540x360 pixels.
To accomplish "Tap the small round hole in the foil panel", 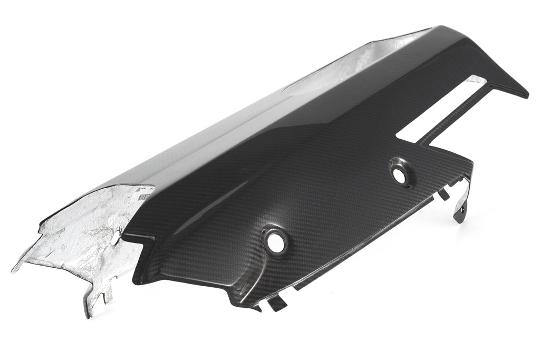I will click(115, 238).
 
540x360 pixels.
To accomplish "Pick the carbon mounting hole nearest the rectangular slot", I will click(400, 177).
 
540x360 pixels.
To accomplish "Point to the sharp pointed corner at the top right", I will click(525, 95).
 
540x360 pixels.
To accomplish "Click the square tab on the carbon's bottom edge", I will click(276, 304).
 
